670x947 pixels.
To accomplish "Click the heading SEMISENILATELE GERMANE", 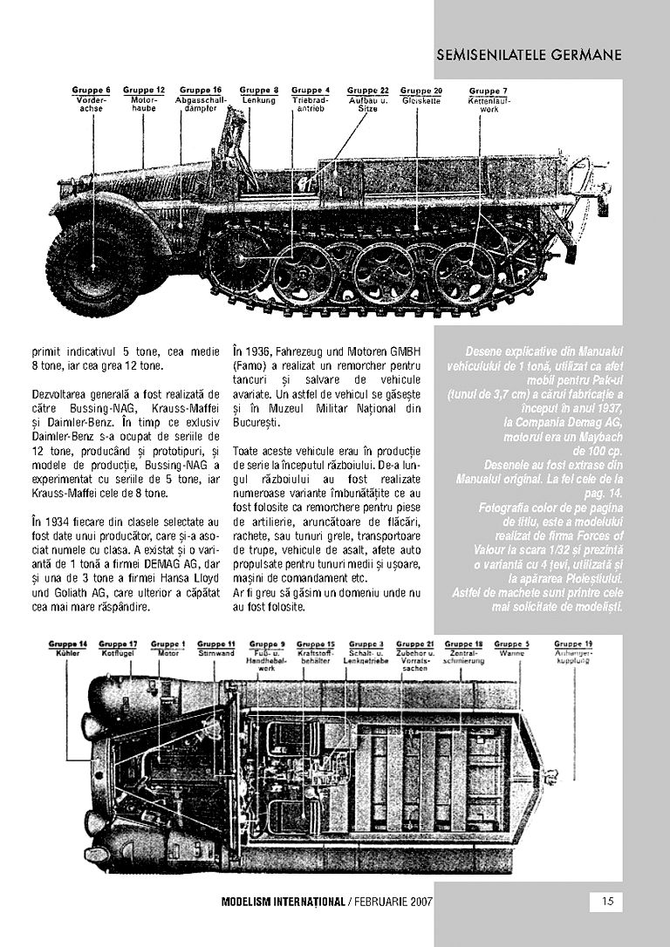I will [530, 54].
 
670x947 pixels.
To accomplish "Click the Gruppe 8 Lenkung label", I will [259, 95].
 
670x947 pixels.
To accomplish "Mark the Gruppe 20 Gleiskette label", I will [421, 95].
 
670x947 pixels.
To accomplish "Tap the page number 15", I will [606, 902].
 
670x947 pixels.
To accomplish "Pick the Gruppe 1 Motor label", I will [167, 648].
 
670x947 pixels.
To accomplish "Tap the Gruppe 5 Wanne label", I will [512, 648].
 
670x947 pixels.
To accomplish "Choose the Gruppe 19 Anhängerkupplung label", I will [573, 652].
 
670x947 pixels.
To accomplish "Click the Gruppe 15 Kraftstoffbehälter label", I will [315, 653].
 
